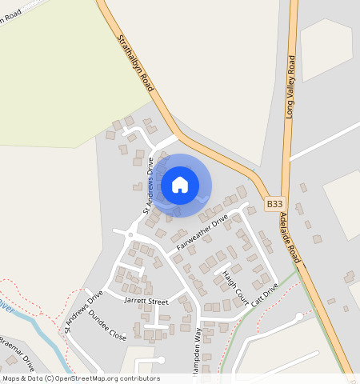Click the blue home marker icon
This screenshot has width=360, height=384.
click(x=180, y=185)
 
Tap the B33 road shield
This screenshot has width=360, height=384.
click(x=274, y=205)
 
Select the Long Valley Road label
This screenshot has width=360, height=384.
click(x=290, y=87)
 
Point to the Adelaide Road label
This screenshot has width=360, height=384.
click(x=290, y=238)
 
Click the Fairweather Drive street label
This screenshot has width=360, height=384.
click(x=202, y=231)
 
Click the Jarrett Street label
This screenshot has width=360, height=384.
click(x=146, y=302)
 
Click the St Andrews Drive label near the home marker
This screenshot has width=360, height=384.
click(x=148, y=185)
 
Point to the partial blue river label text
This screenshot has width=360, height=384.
click(x=6, y=305)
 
